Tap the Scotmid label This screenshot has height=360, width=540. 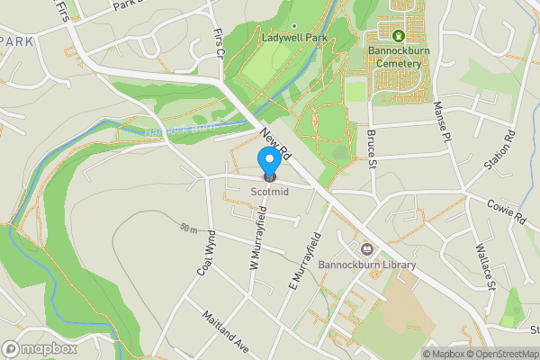pyautogui.click(x=269, y=191)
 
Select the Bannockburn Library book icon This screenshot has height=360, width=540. pyautogui.click(x=367, y=249)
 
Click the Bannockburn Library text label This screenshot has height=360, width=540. pyautogui.click(x=367, y=265)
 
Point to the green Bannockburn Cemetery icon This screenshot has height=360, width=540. pyautogui.click(x=398, y=36)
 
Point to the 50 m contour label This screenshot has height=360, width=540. pyautogui.click(x=187, y=228)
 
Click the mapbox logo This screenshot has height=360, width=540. pyautogui.click(x=39, y=348)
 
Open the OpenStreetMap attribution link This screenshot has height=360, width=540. pyautogui.click(x=497, y=353)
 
